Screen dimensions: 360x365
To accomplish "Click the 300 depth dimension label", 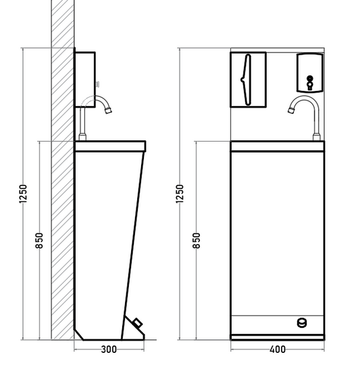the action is click(109, 349).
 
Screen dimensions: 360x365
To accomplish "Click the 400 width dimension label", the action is click(278, 349).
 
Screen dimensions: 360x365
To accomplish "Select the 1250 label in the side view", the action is click(23, 194).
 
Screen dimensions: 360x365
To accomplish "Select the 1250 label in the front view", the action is click(180, 194).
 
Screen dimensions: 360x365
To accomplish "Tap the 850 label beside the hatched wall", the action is click(40, 240).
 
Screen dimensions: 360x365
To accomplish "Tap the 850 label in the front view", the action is click(197, 240).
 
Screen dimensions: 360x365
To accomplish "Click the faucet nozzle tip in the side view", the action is click(108, 111).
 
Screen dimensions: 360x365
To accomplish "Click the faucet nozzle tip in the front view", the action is click(291, 110).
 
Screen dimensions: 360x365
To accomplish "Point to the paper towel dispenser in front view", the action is click(248, 80).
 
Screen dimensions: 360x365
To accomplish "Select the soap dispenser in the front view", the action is click(310, 73).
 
